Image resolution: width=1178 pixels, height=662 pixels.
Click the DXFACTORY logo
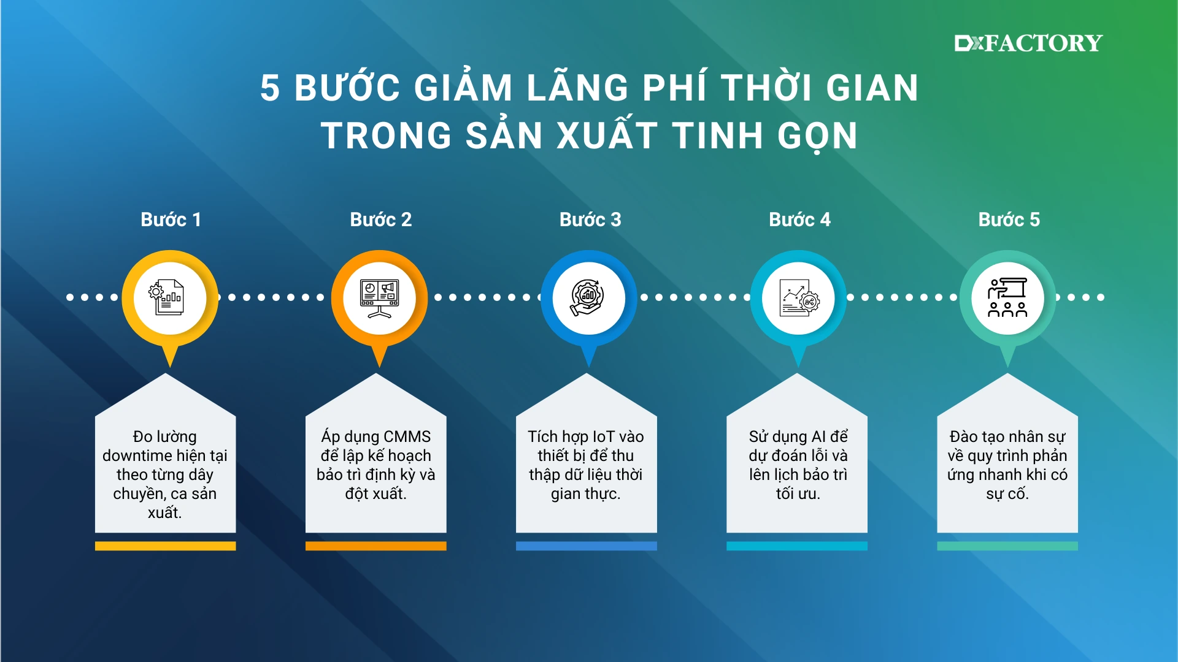click(x=1028, y=43)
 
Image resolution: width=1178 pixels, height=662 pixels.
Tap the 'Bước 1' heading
click(x=171, y=219)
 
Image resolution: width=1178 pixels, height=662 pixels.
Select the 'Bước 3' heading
click(x=590, y=219)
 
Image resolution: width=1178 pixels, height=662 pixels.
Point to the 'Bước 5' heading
click(x=1009, y=219)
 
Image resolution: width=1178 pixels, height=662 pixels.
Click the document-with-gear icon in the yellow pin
click(x=166, y=297)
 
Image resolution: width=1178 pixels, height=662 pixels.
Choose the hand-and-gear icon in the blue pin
click(x=588, y=298)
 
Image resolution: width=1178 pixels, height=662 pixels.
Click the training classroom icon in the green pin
click(x=1007, y=298)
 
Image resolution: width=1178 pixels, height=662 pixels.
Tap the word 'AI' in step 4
click(x=818, y=436)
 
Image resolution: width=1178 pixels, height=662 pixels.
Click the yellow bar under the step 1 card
click(x=166, y=546)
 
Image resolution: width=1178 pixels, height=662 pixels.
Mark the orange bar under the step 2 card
click(x=376, y=546)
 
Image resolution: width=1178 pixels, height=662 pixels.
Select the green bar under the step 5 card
click(x=1007, y=546)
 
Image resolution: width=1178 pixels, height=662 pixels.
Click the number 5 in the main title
click(x=270, y=88)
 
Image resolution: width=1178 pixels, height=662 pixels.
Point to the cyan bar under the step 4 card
click(x=797, y=546)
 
